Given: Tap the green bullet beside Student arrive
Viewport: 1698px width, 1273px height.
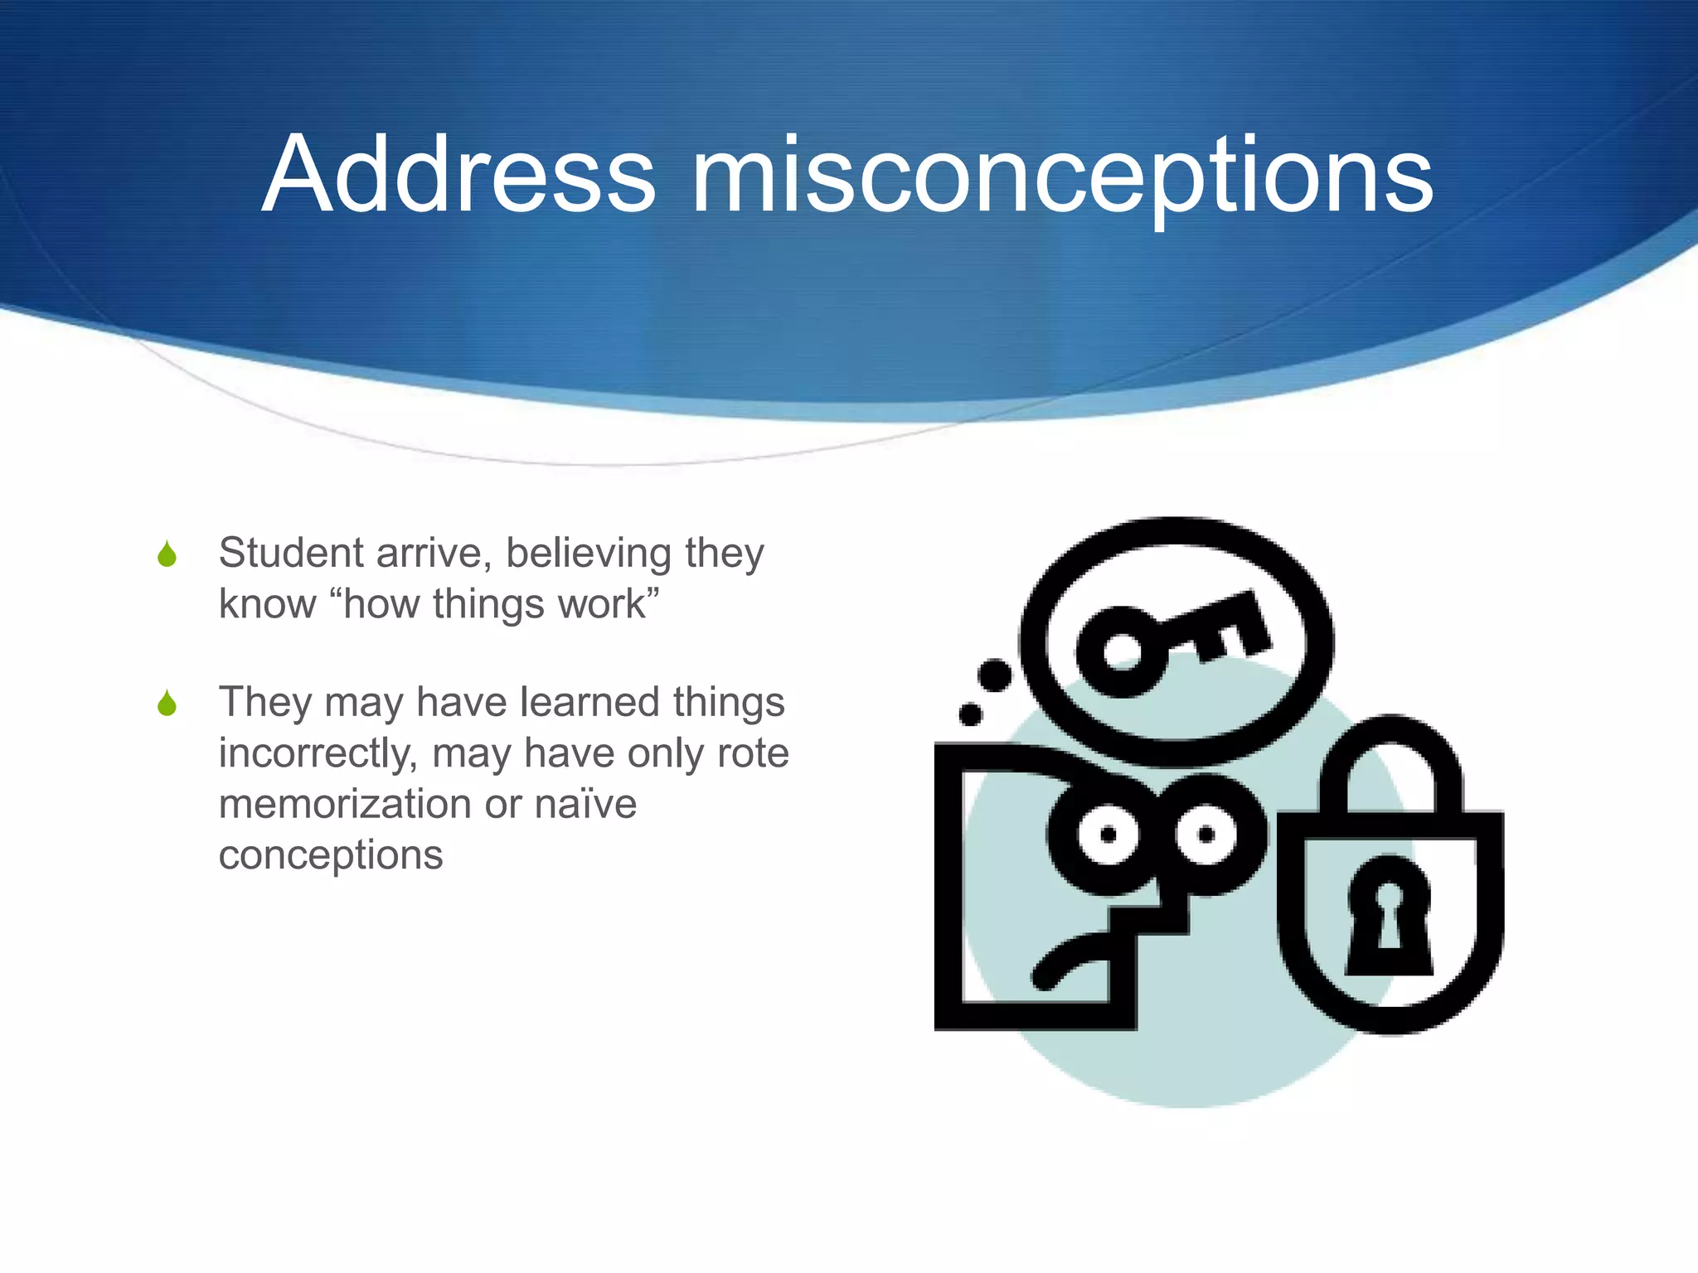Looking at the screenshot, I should tap(167, 554).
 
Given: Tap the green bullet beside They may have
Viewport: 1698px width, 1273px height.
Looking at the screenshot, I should tap(167, 704).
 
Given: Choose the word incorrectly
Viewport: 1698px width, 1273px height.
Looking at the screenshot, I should tap(318, 754).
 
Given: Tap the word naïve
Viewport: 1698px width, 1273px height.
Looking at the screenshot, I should tap(585, 804).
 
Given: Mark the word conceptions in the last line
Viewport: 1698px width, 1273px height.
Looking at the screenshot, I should tap(331, 854).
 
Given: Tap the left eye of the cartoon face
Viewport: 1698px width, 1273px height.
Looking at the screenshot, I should tap(1109, 835).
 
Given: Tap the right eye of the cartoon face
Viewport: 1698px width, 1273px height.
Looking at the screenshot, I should tap(1206, 834).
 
